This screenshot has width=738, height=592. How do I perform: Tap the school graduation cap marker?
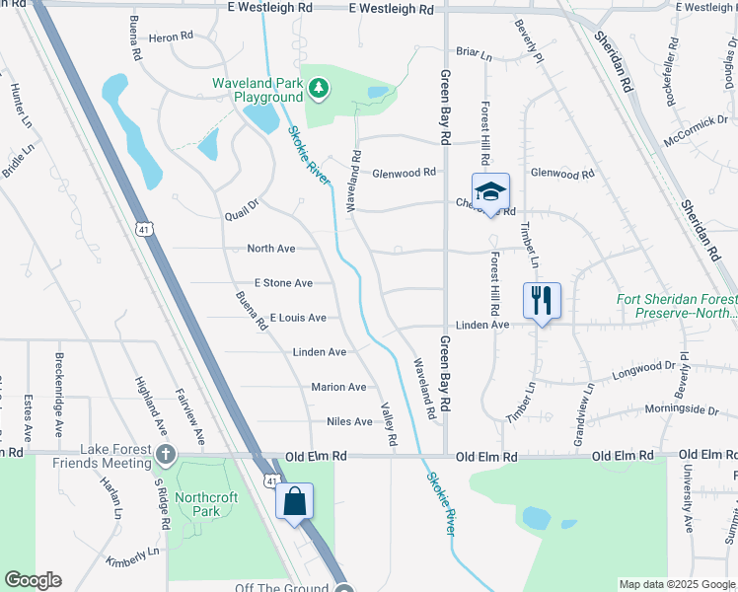coord(490,191)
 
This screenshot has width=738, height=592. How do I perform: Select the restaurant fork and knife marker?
coord(541,300)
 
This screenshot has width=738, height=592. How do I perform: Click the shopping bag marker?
coord(295,501)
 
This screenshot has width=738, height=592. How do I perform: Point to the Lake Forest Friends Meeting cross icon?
coord(167,456)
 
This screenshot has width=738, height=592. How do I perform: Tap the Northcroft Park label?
coord(206,504)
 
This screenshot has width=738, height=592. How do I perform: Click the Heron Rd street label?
coord(171,37)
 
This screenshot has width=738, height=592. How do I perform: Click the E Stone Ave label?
coord(283,283)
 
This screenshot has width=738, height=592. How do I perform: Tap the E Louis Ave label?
coord(298,318)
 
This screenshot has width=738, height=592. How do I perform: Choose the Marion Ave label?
coord(338,387)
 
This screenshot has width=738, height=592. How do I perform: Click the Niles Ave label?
coord(349,421)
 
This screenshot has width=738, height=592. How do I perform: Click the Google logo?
coord(33,580)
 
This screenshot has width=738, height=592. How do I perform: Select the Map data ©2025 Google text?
coord(676,584)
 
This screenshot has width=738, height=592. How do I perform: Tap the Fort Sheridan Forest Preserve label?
coord(676,306)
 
